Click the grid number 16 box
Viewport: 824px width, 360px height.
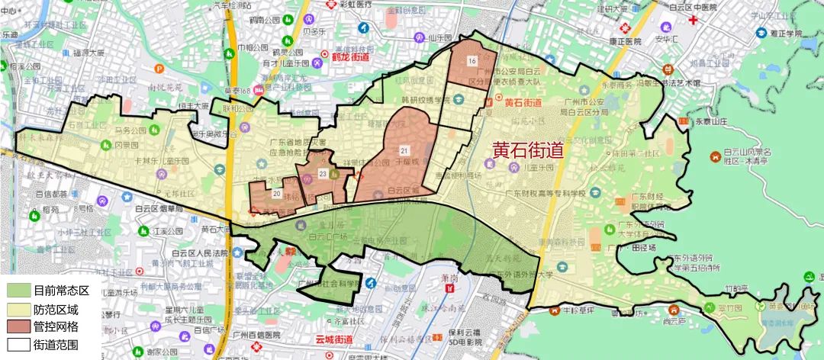click(x=473, y=61)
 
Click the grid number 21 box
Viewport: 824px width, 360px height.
click(x=404, y=149)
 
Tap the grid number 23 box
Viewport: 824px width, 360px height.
click(x=323, y=175)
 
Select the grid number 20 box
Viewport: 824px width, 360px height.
click(x=276, y=194)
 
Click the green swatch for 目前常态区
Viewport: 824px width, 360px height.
click(x=17, y=291)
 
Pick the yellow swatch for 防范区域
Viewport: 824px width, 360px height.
click(x=17, y=308)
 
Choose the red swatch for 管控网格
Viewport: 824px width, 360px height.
click(x=17, y=326)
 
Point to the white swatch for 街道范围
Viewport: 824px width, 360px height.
click(x=17, y=344)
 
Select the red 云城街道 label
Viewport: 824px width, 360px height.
click(x=333, y=339)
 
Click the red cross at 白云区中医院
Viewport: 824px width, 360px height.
click(x=692, y=18)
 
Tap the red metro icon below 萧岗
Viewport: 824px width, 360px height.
click(x=450, y=289)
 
